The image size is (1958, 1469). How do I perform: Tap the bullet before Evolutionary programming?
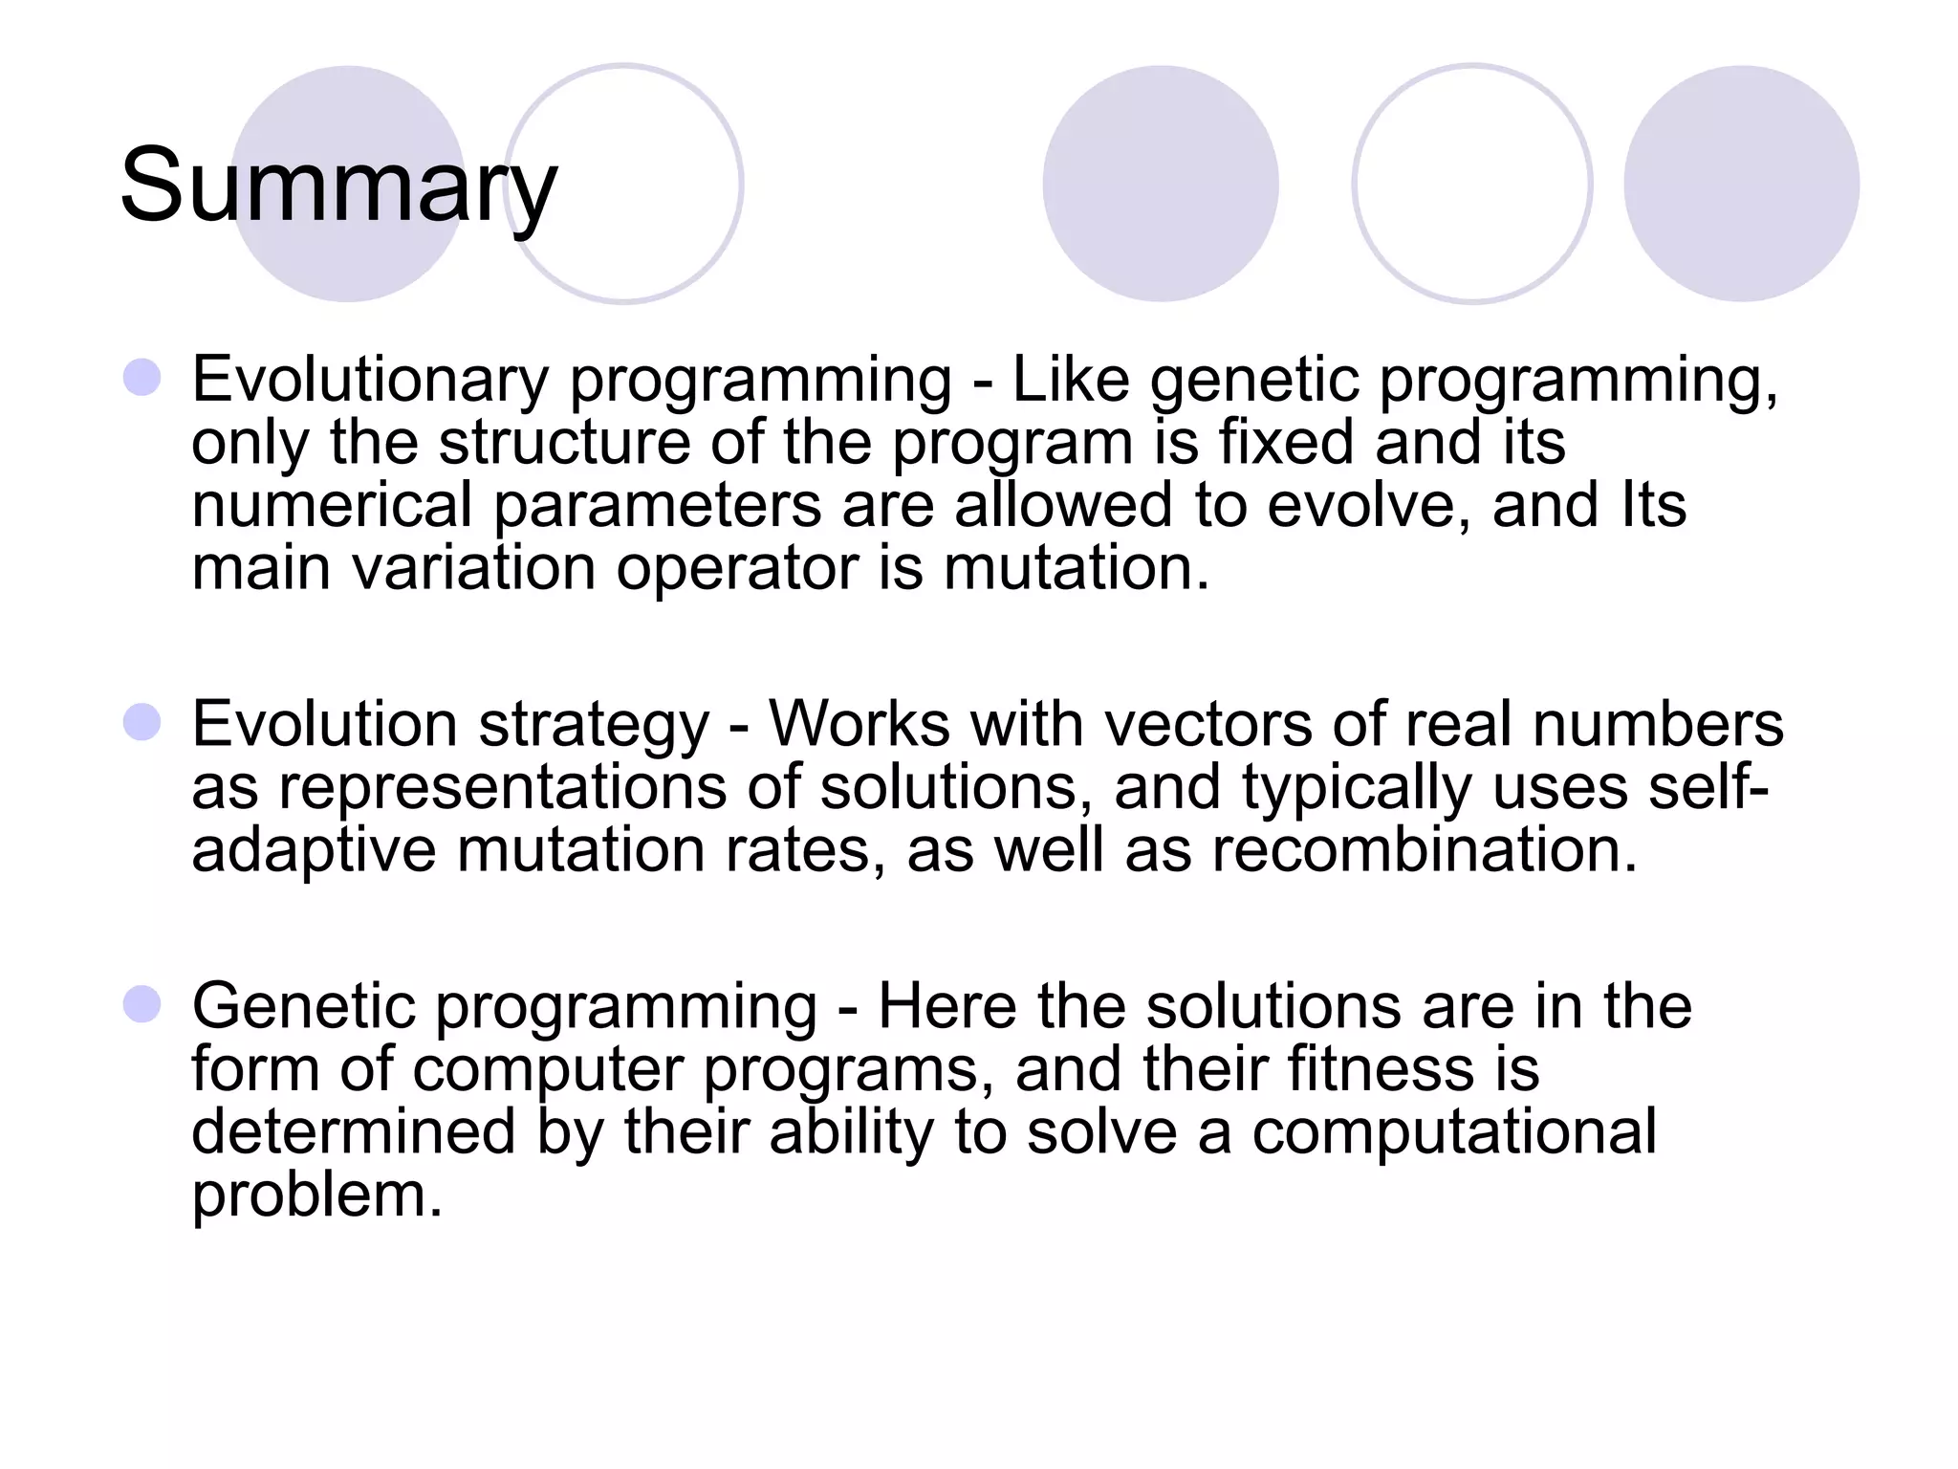(x=142, y=378)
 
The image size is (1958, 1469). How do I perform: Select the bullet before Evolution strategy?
(x=142, y=722)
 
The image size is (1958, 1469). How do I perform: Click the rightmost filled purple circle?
(x=1741, y=184)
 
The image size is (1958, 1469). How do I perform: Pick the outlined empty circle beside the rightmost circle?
(x=1471, y=184)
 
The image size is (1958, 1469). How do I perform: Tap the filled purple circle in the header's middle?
(x=1160, y=184)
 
